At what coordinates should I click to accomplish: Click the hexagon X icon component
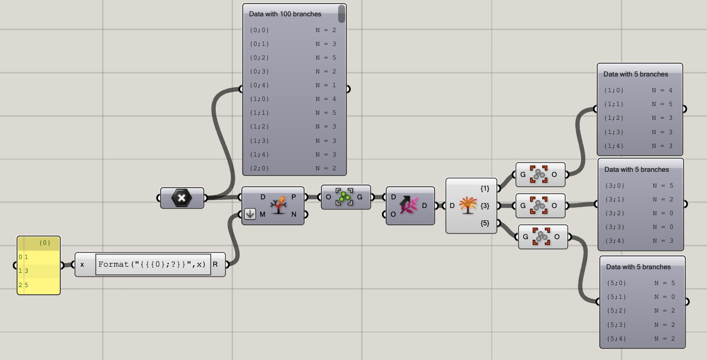coord(182,198)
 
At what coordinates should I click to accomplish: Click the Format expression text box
coord(153,264)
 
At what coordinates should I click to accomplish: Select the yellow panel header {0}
coord(45,243)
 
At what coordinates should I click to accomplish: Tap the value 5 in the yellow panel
coord(26,285)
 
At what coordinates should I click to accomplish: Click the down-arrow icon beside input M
coord(249,214)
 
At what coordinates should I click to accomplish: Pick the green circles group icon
coord(344,197)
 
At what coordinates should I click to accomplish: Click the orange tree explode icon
coord(467,205)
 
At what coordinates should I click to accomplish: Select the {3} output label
coord(485,205)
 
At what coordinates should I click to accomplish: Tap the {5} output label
coord(485,223)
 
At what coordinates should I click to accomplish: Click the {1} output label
coord(485,188)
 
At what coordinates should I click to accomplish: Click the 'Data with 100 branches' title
coord(285,14)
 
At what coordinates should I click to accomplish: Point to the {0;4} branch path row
coord(259,85)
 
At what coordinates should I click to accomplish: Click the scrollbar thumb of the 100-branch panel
coord(341,14)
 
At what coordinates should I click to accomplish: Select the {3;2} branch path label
coord(614,213)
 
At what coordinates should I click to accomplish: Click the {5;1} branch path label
coord(617,296)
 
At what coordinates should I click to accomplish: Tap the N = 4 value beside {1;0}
coord(662,90)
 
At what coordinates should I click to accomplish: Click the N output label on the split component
coord(294,215)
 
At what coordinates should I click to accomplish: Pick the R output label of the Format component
coord(215,264)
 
